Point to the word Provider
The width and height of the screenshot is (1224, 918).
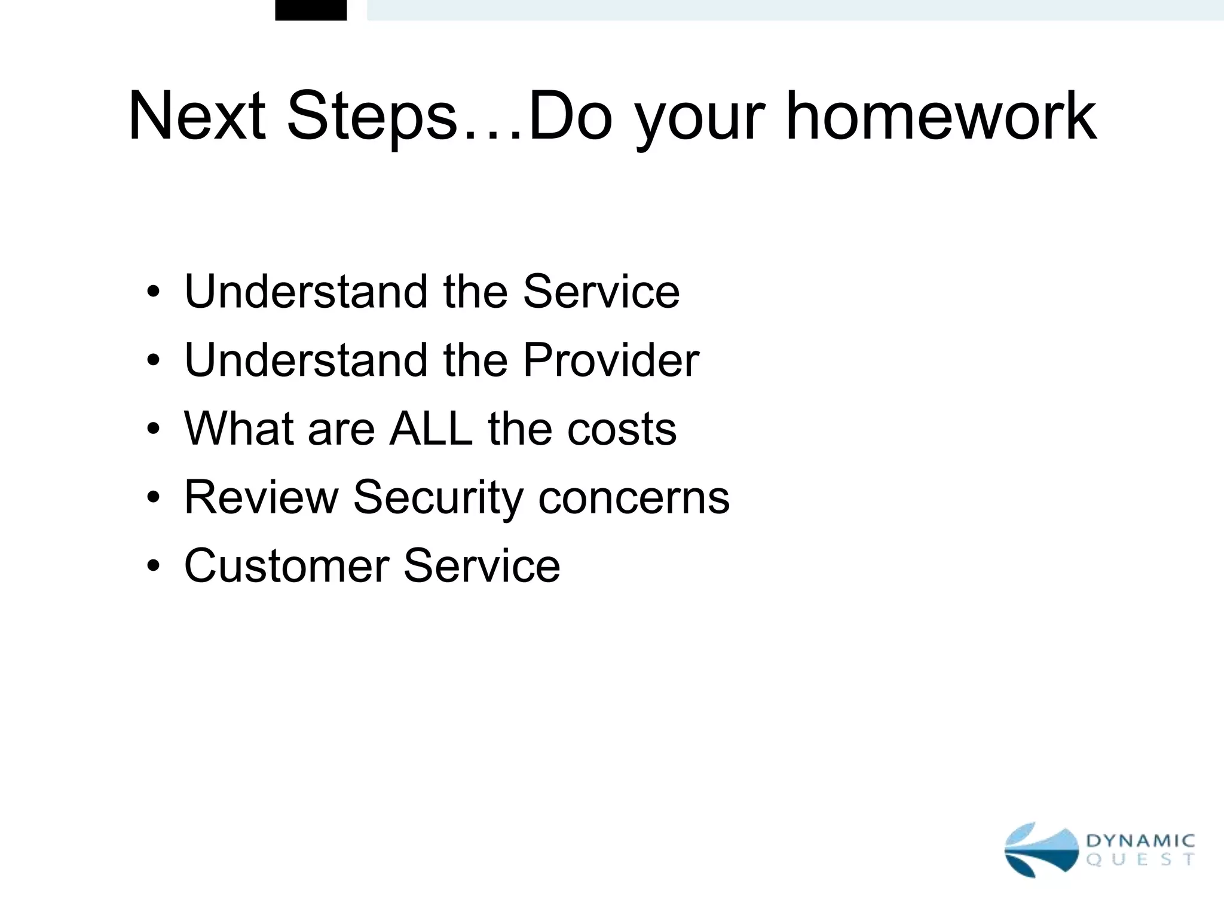610,360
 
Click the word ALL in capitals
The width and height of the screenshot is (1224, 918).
430,429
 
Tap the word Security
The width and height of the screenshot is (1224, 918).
438,498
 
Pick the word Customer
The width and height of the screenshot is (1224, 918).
286,566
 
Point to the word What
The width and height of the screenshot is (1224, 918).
237,429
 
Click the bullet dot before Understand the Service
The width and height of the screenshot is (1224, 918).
154,292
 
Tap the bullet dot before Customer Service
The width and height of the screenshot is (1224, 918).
154,566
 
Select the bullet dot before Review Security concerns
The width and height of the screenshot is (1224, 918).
154,497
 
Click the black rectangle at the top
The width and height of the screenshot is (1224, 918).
311,10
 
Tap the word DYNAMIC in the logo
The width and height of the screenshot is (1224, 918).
1140,841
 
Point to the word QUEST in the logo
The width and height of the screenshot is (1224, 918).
1140,861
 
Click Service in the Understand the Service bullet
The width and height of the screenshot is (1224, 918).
601,292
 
